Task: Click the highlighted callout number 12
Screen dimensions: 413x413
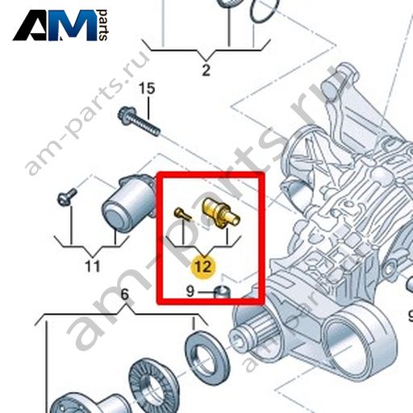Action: pyautogui.click(x=203, y=267)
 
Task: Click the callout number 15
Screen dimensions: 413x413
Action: pyautogui.click(x=147, y=89)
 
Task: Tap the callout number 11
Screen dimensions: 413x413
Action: pyautogui.click(x=92, y=266)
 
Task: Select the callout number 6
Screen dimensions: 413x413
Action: pyautogui.click(x=125, y=294)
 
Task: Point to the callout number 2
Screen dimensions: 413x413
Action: pyautogui.click(x=206, y=70)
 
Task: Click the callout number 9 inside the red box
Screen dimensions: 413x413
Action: pyautogui.click(x=190, y=291)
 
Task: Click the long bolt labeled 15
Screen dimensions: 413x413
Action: pyautogui.click(x=139, y=121)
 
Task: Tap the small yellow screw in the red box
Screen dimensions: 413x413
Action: pyautogui.click(x=182, y=214)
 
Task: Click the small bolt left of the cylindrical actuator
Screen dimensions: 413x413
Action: pyautogui.click(x=67, y=196)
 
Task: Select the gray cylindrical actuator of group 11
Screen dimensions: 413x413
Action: pyautogui.click(x=127, y=203)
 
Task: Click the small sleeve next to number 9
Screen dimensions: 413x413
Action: pyautogui.click(x=222, y=292)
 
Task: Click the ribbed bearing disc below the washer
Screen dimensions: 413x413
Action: pyautogui.click(x=153, y=382)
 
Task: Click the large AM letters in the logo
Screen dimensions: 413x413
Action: pyautogui.click(x=55, y=25)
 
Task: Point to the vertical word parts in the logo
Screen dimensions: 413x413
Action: pyautogui.click(x=103, y=25)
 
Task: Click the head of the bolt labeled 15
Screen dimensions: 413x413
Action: pyautogui.click(x=124, y=115)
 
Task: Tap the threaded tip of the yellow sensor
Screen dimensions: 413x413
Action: pyautogui.click(x=233, y=219)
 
